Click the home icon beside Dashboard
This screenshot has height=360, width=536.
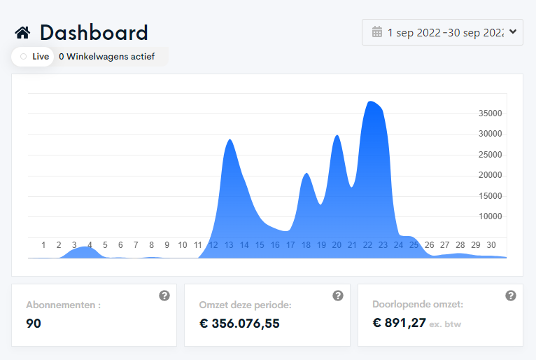click(22, 33)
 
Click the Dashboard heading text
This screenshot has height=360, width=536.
click(94, 33)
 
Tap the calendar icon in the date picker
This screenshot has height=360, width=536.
click(377, 32)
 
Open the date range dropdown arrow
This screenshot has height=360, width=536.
click(513, 32)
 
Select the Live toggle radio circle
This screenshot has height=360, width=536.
click(23, 57)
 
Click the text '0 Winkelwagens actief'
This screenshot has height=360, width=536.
click(106, 57)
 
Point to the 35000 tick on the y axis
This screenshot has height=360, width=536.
click(491, 113)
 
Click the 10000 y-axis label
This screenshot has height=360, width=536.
click(491, 216)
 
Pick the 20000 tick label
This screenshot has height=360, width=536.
click(491, 175)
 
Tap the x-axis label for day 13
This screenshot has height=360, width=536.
click(229, 245)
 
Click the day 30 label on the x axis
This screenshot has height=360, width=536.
click(491, 245)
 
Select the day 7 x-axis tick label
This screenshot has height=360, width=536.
click(136, 245)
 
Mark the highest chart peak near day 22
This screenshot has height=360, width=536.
click(370, 102)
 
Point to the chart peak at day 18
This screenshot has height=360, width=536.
click(306, 174)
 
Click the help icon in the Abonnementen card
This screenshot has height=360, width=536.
click(164, 296)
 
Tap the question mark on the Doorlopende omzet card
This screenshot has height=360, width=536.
click(511, 296)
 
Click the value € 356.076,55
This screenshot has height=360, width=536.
click(239, 324)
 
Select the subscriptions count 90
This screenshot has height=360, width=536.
click(34, 324)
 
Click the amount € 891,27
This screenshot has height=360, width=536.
click(399, 323)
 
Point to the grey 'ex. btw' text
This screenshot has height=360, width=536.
click(445, 324)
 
